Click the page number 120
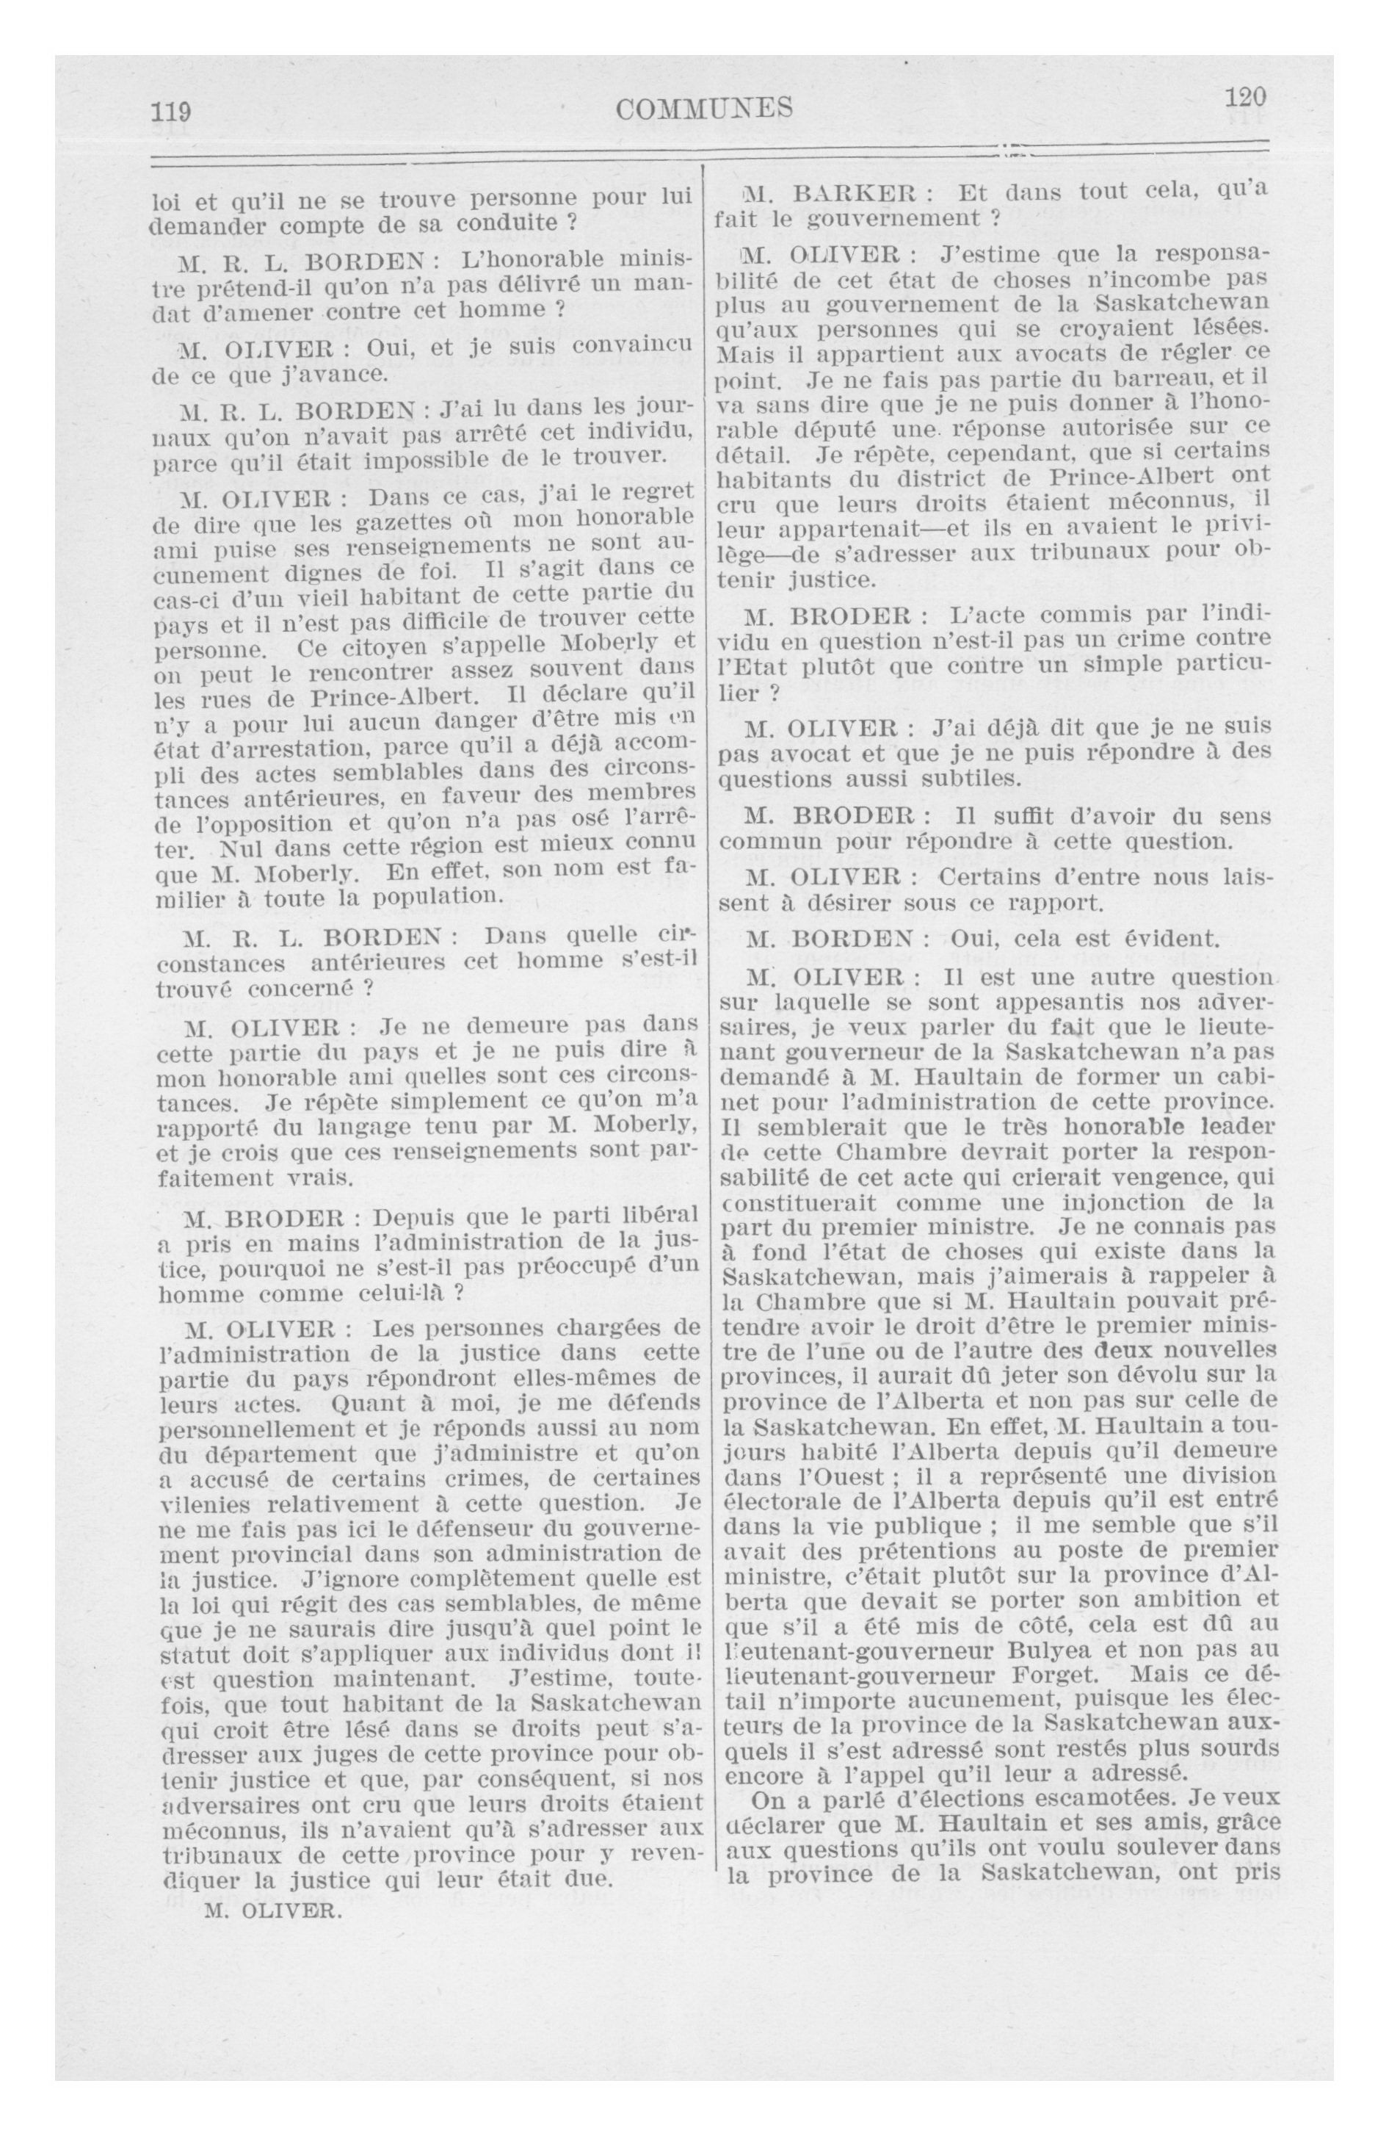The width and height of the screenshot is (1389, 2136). coord(1244,97)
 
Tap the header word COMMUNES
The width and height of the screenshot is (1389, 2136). coord(706,109)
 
